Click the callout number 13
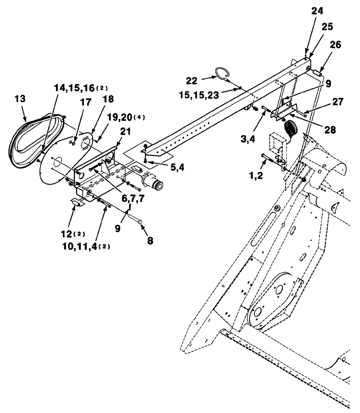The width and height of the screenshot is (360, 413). pyautogui.click(x=20, y=99)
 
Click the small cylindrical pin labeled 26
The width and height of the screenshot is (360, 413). pyautogui.click(x=317, y=73)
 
